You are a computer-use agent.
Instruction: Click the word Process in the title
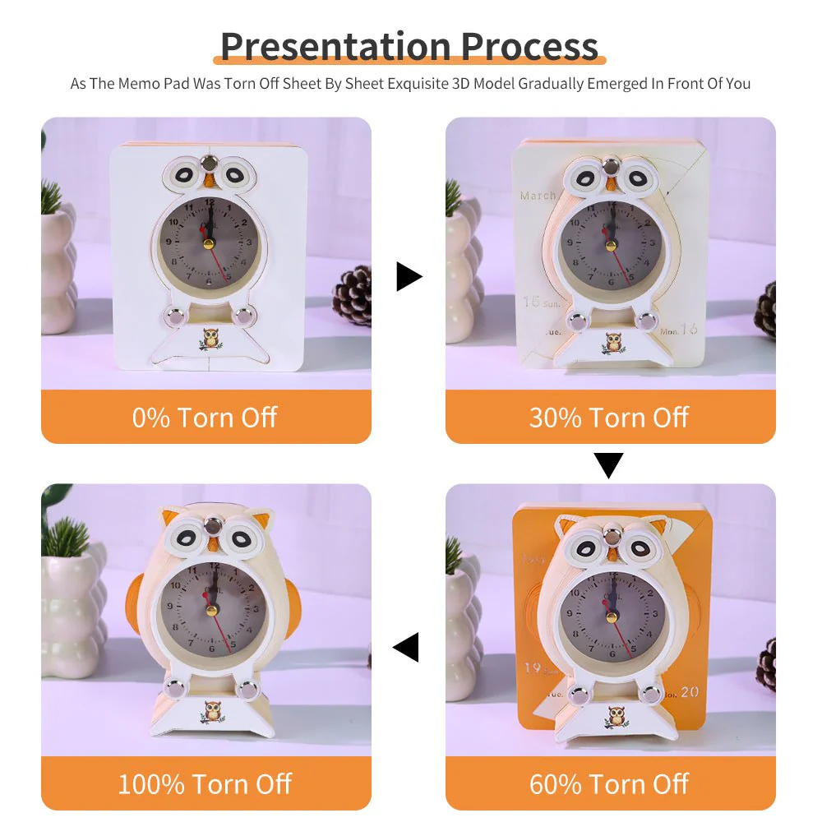(529, 46)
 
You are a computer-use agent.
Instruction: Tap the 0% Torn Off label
(205, 418)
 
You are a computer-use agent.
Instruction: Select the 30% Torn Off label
(609, 418)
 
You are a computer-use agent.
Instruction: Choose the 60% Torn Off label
(609, 783)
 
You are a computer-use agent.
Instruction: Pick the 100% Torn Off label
(205, 783)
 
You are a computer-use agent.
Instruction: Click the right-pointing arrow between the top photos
(409, 277)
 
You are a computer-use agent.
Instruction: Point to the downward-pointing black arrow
(609, 465)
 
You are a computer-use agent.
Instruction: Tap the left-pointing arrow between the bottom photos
(406, 647)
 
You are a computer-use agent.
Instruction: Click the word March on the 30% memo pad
(538, 196)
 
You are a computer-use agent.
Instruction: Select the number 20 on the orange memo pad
(690, 692)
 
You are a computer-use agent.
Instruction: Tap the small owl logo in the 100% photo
(214, 711)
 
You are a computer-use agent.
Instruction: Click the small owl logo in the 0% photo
(210, 339)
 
